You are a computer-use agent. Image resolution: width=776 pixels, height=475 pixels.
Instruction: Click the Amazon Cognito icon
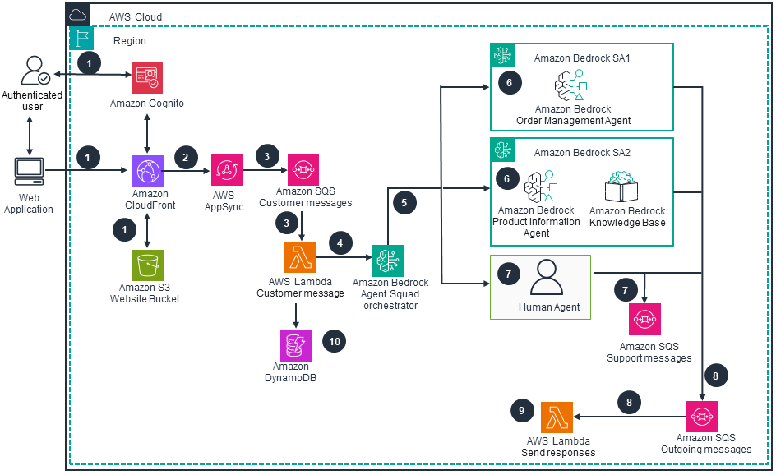tap(147, 77)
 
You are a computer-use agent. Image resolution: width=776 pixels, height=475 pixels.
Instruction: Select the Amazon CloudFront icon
tap(147, 170)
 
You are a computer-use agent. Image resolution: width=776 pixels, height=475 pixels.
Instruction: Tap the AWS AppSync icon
tap(227, 170)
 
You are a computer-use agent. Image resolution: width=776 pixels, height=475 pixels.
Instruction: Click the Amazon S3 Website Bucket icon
tap(147, 265)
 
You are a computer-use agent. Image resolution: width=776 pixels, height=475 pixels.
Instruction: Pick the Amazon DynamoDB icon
tap(296, 344)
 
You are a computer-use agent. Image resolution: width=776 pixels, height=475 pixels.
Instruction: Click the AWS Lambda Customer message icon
tap(300, 257)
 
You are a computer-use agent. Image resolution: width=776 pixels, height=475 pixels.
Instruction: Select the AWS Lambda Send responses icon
tap(557, 417)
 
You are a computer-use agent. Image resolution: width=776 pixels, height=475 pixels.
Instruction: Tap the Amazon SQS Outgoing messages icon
tap(701, 417)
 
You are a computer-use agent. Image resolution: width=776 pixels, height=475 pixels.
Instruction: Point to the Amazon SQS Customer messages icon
tap(303, 169)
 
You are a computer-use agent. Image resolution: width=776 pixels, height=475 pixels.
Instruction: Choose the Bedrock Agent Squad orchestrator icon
tap(388, 261)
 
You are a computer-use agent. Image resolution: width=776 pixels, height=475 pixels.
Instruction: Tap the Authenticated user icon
tap(33, 71)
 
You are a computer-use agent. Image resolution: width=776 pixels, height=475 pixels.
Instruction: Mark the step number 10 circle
tap(334, 342)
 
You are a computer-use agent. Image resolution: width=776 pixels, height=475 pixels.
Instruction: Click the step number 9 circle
tap(521, 411)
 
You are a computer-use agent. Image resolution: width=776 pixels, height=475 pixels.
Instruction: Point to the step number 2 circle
tap(185, 156)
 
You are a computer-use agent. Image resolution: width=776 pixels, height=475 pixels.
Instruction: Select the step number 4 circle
tap(340, 242)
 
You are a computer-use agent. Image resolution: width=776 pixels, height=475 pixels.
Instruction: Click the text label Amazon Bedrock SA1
tap(581, 58)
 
